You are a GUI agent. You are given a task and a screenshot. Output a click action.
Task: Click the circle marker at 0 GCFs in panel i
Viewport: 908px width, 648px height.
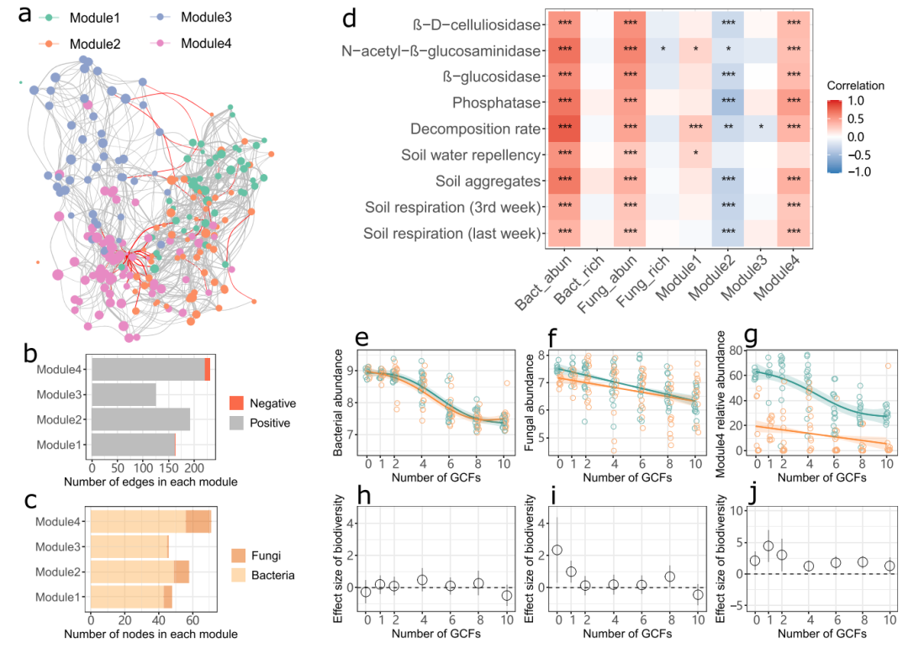click(557, 551)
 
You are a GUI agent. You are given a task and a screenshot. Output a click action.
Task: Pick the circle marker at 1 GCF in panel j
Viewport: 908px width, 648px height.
click(768, 545)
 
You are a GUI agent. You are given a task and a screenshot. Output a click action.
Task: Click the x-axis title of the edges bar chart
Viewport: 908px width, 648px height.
click(150, 482)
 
